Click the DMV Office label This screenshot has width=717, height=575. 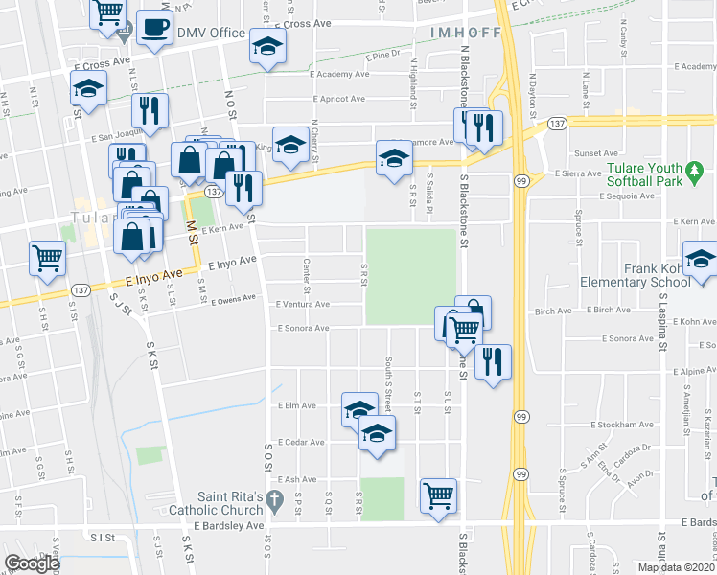point(211,34)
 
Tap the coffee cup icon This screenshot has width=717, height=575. point(153,29)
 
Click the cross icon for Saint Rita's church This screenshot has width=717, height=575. point(275,498)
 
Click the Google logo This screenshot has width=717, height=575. point(32,563)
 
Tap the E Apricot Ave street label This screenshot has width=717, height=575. point(338,99)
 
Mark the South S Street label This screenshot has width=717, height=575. point(388,379)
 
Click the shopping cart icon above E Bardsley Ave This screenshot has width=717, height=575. point(438,495)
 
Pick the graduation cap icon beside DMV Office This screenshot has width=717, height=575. point(267,45)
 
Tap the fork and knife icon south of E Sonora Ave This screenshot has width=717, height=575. point(493,361)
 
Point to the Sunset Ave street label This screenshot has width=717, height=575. point(596,153)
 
